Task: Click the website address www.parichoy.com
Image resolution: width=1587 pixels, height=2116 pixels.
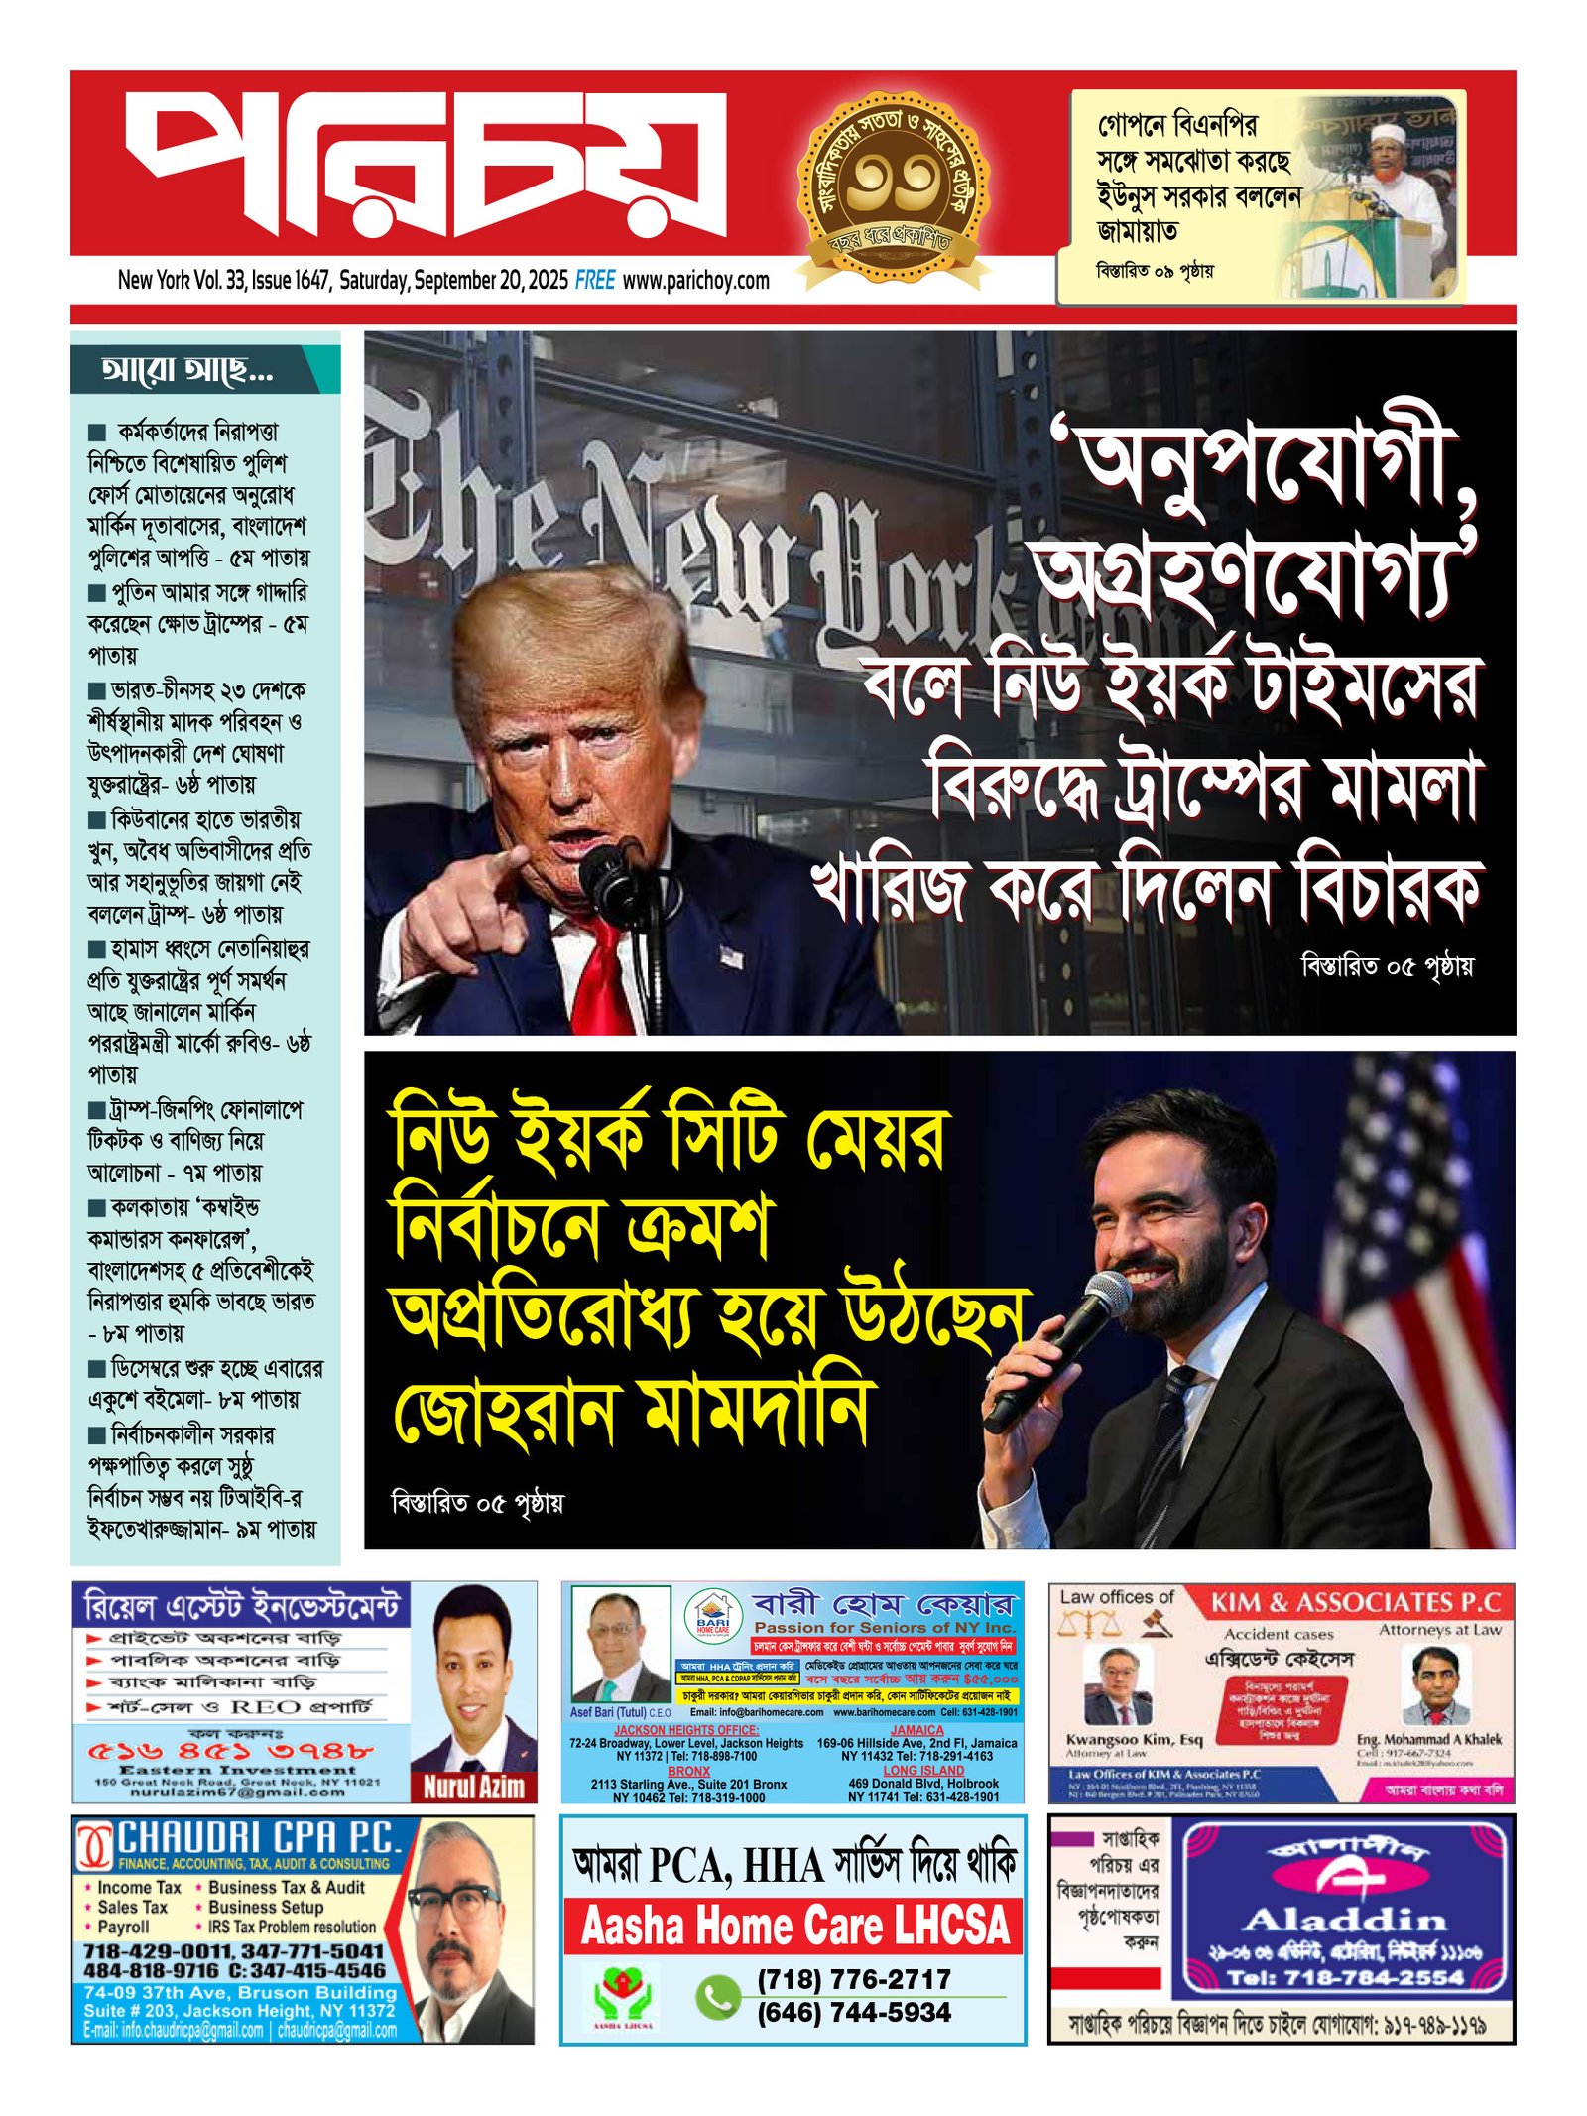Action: click(x=695, y=281)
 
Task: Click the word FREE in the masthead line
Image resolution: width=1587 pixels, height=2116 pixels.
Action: click(x=595, y=281)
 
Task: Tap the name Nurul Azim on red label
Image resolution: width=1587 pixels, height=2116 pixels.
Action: click(x=473, y=1787)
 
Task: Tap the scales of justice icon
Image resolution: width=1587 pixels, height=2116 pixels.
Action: click(x=1088, y=1624)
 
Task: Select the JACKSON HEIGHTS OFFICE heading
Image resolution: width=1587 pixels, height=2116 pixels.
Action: click(x=685, y=1730)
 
